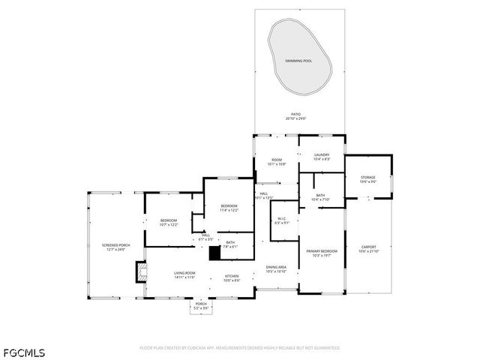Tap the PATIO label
(x=296, y=114)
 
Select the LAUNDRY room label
(x=322, y=154)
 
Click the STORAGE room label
(x=367, y=178)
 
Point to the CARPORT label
(x=368, y=247)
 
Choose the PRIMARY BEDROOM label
(x=321, y=251)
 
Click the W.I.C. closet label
(x=281, y=219)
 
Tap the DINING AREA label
(x=276, y=267)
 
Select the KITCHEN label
(x=232, y=276)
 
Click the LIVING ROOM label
(x=184, y=273)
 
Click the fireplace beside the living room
(x=140, y=271)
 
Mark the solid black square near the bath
(x=214, y=253)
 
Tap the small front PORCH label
(x=201, y=304)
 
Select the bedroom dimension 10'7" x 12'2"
(x=168, y=224)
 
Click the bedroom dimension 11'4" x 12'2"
(x=229, y=210)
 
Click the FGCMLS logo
(x=23, y=352)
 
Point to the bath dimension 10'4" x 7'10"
(x=320, y=199)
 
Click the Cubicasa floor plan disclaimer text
(x=239, y=348)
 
